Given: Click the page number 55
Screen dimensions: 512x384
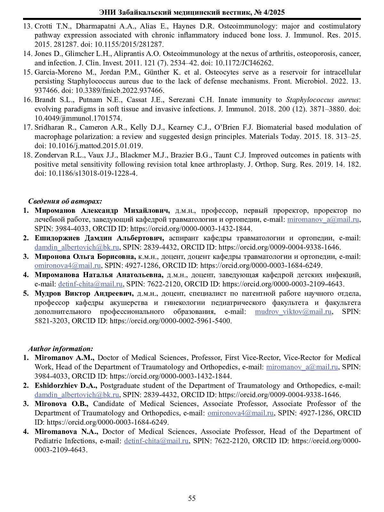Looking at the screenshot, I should [x=192, y=498].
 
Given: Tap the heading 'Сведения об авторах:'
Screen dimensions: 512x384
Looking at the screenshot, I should [x=65, y=201].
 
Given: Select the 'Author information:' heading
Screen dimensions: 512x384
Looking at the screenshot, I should [x=61, y=348].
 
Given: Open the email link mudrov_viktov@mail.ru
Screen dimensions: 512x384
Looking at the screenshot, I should [x=293, y=312].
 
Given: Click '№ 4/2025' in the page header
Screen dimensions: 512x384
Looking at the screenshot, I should [x=269, y=12].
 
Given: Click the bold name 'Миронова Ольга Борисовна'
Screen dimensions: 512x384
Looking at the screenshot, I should [x=85, y=257].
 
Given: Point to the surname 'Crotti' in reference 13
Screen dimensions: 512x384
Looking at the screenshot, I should [x=44, y=26].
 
